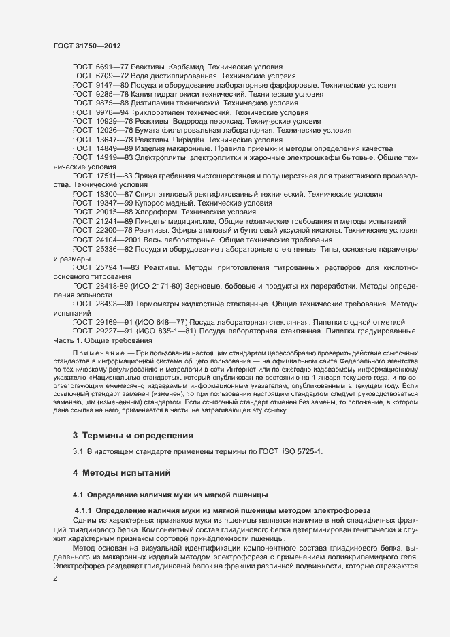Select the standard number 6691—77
[x=107, y=68]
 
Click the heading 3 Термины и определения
[x=133, y=435]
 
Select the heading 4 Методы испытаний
[x=121, y=472]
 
